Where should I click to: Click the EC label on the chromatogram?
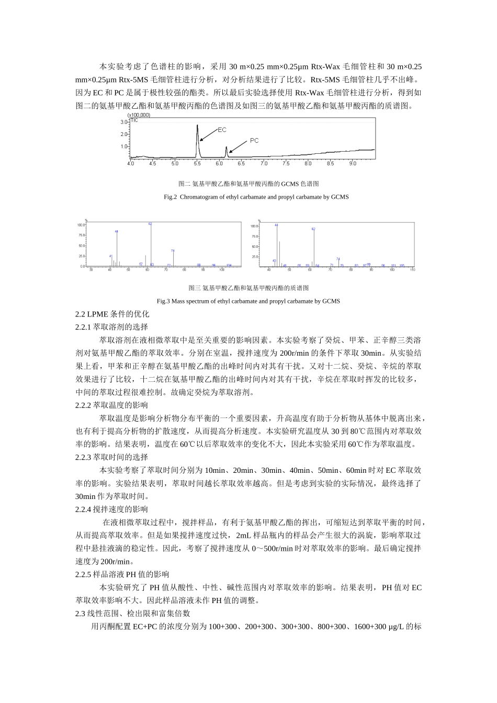click(222, 130)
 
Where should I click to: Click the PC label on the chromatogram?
click(254, 141)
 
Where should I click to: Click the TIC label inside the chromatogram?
click(134, 120)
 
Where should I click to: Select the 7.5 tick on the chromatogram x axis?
click(286, 164)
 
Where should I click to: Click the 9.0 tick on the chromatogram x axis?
click(352, 164)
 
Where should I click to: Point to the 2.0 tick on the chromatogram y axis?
click(123, 134)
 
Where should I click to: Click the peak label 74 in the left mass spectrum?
click(172, 251)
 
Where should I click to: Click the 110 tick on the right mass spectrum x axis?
click(412, 269)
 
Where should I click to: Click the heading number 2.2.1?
click(83, 327)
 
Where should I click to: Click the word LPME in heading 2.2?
click(98, 314)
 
